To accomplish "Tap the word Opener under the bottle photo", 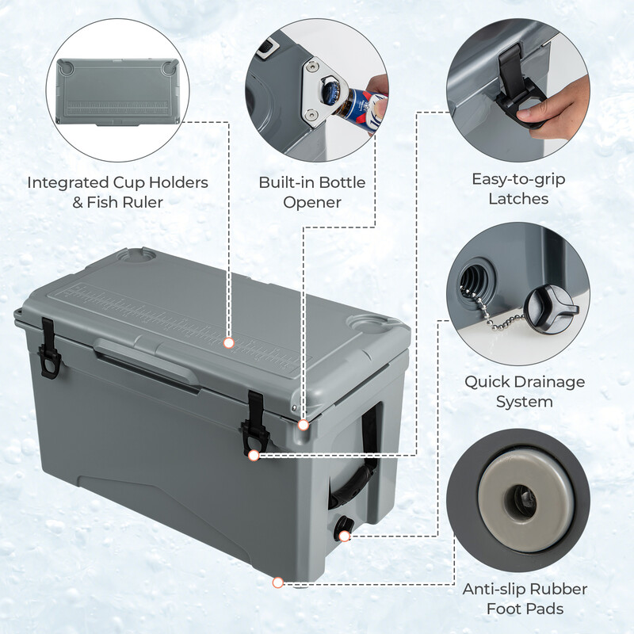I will click(x=311, y=202).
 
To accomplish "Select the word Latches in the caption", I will click(x=520, y=199).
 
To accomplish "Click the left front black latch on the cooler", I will click(x=50, y=349).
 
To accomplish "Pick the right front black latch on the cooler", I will click(x=255, y=420).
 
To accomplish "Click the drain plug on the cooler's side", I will click(x=345, y=527).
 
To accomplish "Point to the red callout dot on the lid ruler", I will click(x=229, y=343).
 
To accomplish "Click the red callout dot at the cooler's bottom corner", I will click(x=277, y=582).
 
